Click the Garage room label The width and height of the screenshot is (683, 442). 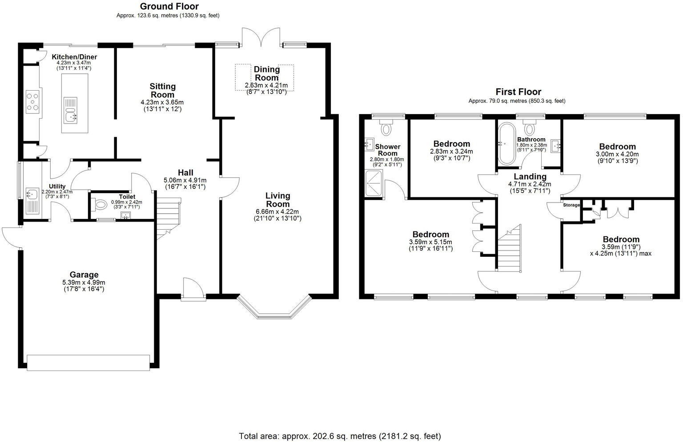coord(84,275)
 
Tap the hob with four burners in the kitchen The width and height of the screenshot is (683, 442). coord(33,101)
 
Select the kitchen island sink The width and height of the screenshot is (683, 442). coord(70,115)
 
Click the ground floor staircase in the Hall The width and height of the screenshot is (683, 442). coord(168,215)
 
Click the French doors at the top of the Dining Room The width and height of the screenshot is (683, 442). coord(261,36)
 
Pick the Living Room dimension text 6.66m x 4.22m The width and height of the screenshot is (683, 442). coord(277,211)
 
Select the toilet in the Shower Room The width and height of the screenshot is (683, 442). coord(386,128)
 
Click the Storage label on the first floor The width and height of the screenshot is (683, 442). coord(571,205)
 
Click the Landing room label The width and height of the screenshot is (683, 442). coord(530,176)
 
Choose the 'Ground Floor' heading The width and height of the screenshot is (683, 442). coord(169,6)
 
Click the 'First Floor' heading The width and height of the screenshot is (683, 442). coord(518,92)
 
